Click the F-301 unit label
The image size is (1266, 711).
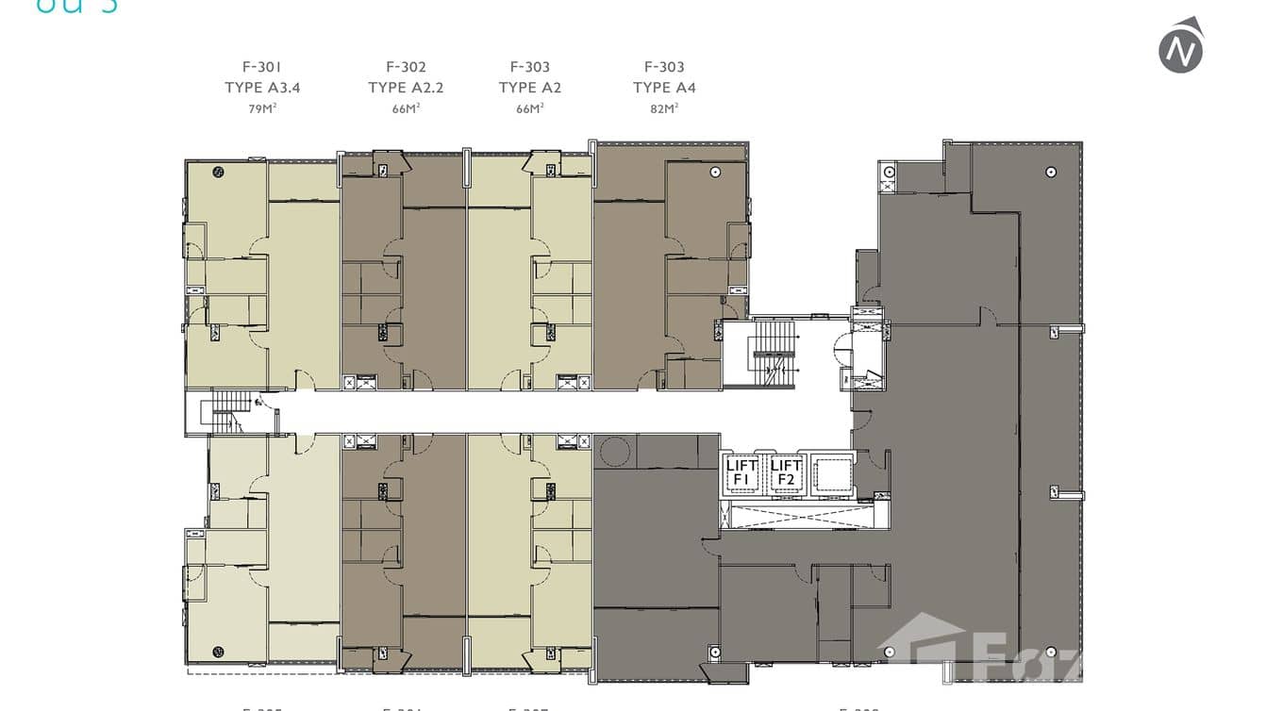tap(261, 67)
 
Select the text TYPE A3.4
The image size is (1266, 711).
tap(261, 88)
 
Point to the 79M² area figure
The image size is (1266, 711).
tap(261, 108)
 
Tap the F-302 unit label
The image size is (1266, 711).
tap(406, 67)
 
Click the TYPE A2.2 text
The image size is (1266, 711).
tap(406, 88)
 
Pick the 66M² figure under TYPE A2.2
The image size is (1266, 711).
tap(406, 108)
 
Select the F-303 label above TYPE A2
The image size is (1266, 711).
tap(529, 67)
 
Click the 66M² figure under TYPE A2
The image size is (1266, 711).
tap(529, 108)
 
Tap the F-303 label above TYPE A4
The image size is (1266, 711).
tap(664, 67)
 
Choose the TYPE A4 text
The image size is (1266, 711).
tap(664, 88)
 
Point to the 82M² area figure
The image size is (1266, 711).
tap(664, 108)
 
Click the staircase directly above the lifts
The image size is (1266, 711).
tap(772, 353)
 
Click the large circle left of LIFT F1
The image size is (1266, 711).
tap(613, 452)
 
